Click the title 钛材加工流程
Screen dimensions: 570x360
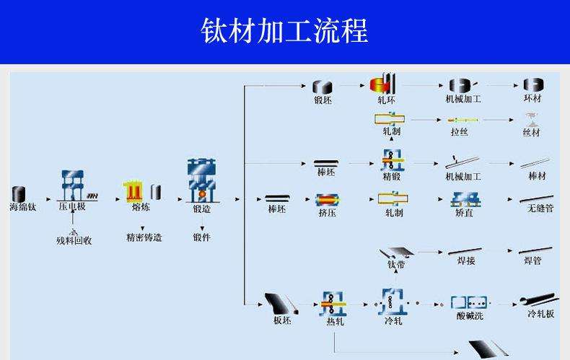pos(284,30)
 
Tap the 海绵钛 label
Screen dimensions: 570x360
pos(22,207)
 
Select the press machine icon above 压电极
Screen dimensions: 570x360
pos(73,185)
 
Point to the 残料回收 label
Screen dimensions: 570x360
pos(74,240)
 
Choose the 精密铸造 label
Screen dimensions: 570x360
pos(144,237)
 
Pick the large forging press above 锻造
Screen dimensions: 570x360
pos(202,180)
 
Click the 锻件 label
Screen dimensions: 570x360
pos(202,237)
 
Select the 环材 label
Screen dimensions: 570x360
pos(532,98)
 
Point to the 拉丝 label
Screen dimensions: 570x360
pos(459,131)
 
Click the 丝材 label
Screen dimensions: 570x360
pos(532,132)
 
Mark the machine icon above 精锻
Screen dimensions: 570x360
pos(392,160)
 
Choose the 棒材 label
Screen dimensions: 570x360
pos(538,176)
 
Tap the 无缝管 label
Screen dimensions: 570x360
pos(540,208)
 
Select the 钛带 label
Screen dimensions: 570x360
pos(396,264)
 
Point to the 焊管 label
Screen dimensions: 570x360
pos(532,260)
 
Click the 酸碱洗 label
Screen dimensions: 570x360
pos(470,316)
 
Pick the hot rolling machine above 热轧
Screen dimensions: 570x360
pos(333,303)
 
